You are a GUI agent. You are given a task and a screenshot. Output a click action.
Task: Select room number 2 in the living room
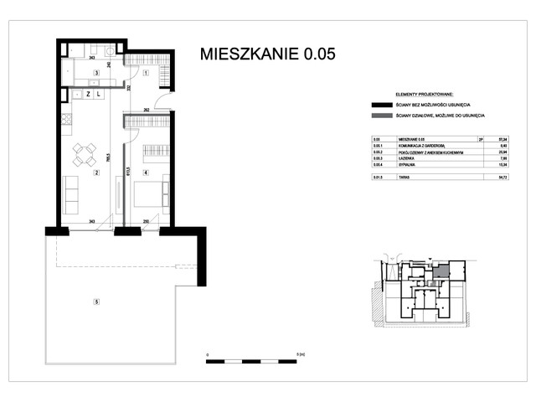pyautogui.click(x=96, y=173)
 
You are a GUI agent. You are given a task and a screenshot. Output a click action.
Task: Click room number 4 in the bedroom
pyautogui.click(x=146, y=173)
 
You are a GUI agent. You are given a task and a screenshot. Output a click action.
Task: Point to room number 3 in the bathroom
pyautogui.click(x=96, y=74)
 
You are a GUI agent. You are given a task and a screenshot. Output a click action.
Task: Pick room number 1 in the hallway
pyautogui.click(x=145, y=74)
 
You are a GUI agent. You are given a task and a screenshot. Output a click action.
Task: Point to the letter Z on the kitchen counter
pyautogui.click(x=87, y=94)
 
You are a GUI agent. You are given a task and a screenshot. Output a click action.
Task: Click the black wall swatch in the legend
pyautogui.click(x=378, y=105)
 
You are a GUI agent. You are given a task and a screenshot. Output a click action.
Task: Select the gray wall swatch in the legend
pyautogui.click(x=378, y=116)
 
